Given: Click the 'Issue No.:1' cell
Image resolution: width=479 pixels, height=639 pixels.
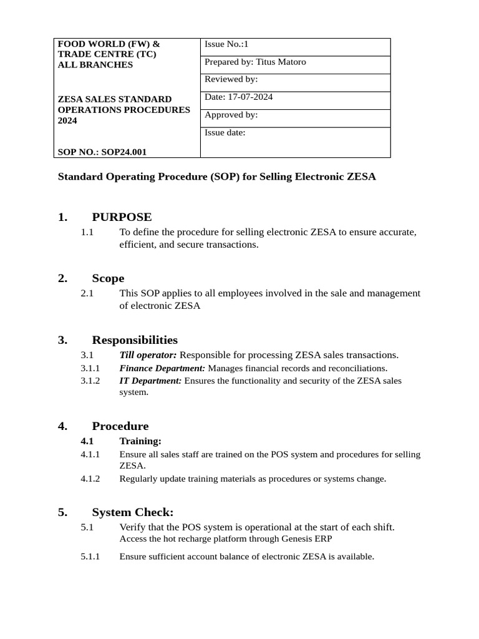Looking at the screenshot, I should [x=227, y=44].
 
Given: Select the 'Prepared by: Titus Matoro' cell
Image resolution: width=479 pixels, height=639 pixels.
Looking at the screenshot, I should [x=255, y=62].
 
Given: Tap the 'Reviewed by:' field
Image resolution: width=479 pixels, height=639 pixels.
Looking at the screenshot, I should [x=231, y=79].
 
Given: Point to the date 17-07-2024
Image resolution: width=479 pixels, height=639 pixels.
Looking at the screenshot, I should [x=250, y=97].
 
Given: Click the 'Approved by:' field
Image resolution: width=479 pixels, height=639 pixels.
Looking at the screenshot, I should [x=231, y=115].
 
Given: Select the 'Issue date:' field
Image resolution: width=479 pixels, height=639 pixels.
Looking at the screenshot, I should [x=225, y=132].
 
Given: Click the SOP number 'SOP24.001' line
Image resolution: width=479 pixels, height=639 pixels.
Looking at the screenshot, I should [x=102, y=152].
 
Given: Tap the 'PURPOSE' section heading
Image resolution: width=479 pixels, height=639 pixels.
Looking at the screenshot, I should [x=122, y=217].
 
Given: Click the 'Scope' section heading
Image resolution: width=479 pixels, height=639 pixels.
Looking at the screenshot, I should [x=108, y=278].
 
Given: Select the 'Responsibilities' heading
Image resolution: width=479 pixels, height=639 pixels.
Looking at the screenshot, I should [x=135, y=340].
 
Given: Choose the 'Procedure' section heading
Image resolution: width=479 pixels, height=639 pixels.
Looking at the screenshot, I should [x=120, y=426].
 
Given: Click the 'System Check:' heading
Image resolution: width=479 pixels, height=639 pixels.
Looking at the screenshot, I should [x=133, y=512].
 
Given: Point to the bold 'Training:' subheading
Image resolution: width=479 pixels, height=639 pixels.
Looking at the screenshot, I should [x=140, y=441].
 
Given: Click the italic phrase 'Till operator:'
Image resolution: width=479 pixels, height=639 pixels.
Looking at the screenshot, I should [x=148, y=355].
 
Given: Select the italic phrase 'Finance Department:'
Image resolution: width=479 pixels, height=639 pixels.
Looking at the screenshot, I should [x=162, y=368].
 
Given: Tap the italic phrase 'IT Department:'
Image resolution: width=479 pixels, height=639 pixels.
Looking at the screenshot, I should [x=151, y=381].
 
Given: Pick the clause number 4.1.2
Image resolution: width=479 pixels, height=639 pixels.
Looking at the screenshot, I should [x=90, y=479].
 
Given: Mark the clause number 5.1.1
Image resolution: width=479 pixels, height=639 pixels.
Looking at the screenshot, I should [x=90, y=557].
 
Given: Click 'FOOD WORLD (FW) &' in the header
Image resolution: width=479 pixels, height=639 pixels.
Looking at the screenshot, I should [x=109, y=44].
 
